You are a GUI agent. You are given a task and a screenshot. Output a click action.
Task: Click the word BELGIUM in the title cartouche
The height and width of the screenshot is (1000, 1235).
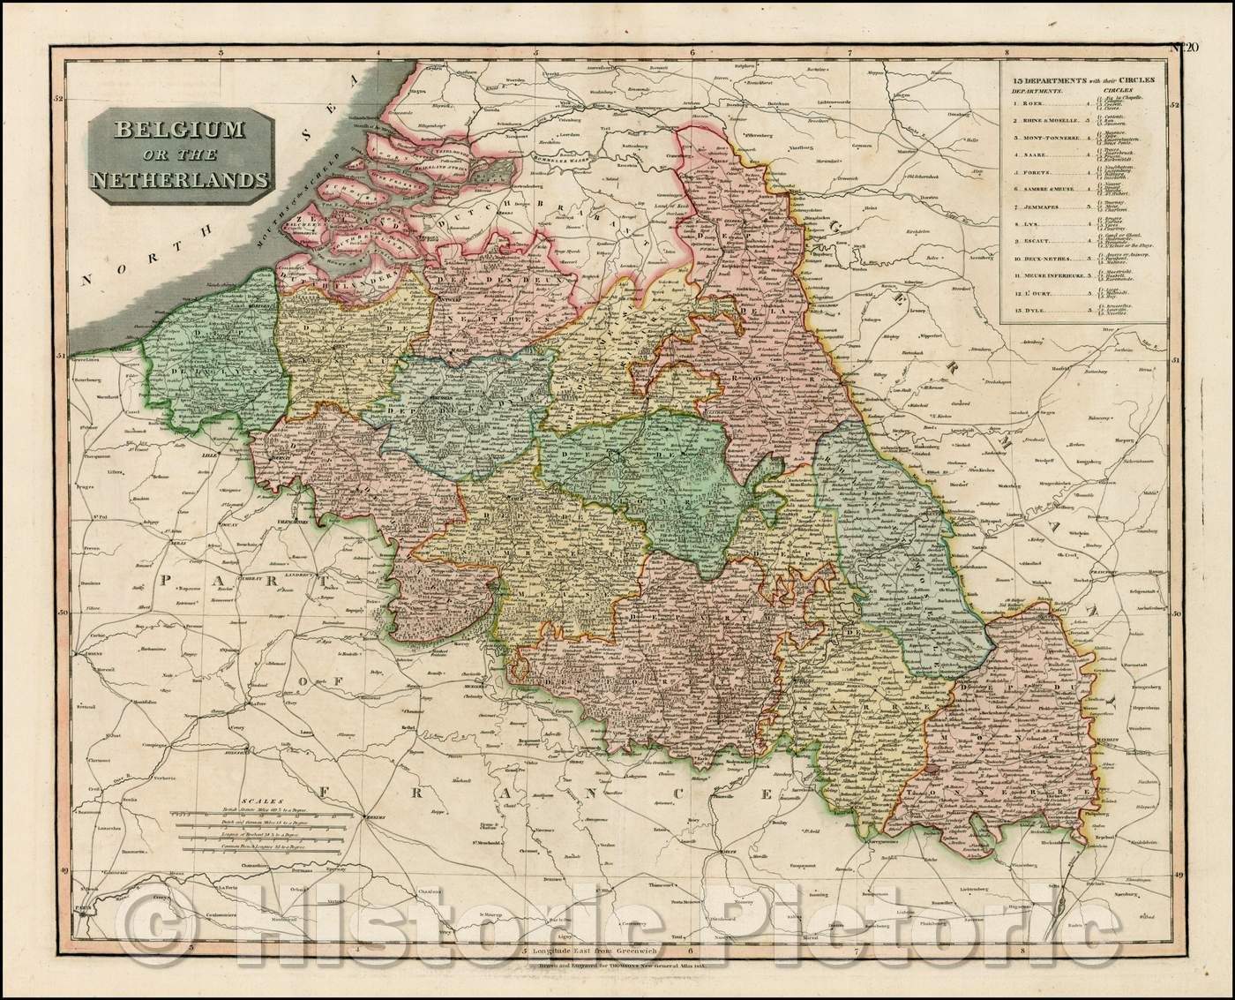coord(171,131)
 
